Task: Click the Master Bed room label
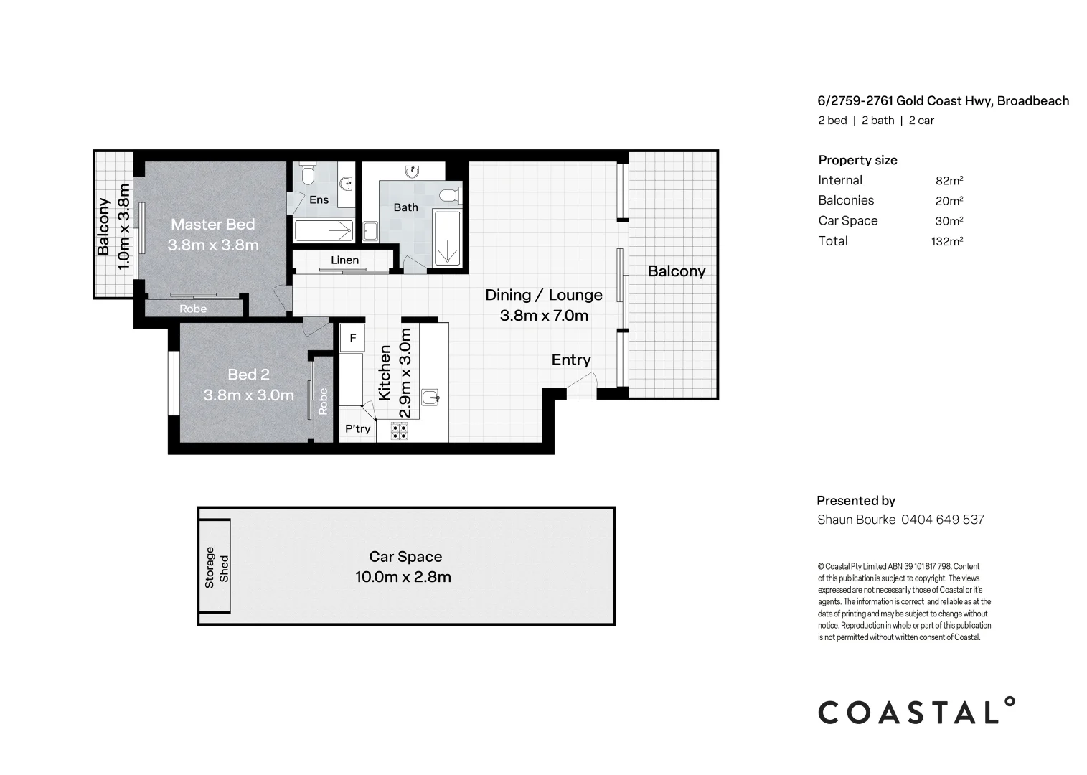[212, 225]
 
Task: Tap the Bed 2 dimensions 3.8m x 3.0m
[248, 395]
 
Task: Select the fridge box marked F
[352, 337]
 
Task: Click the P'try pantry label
[357, 429]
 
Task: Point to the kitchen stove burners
[399, 431]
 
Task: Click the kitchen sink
[429, 398]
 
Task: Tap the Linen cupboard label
[344, 260]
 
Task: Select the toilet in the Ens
[309, 174]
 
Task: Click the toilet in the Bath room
[448, 194]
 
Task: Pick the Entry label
[571, 360]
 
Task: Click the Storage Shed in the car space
[216, 567]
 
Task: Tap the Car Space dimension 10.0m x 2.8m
[403, 577]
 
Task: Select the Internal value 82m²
[949, 181]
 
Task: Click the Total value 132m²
[946, 241]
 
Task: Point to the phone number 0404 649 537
[942, 520]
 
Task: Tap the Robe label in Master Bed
[193, 309]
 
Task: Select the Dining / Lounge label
[543, 295]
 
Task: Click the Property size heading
[857, 160]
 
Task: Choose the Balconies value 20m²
[949, 201]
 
